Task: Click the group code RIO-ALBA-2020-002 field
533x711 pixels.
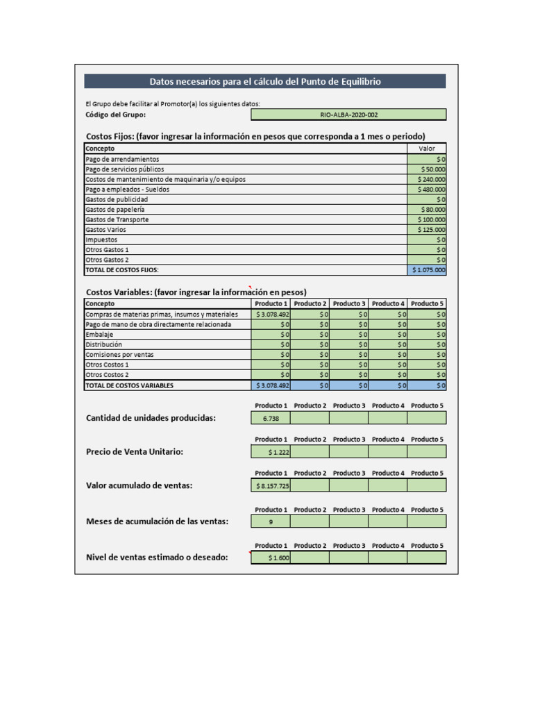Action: pos(348,115)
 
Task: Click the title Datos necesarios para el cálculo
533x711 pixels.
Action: pos(265,81)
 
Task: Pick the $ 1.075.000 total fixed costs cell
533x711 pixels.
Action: pos(428,270)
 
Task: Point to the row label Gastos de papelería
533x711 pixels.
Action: pos(115,210)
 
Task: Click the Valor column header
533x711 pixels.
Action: pos(427,149)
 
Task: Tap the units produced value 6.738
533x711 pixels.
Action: pos(271,418)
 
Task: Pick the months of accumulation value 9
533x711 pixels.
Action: pos(271,522)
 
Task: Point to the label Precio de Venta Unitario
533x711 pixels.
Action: pos(135,452)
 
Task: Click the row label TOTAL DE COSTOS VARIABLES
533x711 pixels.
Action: pos(129,385)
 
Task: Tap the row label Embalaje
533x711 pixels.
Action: pos(100,335)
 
